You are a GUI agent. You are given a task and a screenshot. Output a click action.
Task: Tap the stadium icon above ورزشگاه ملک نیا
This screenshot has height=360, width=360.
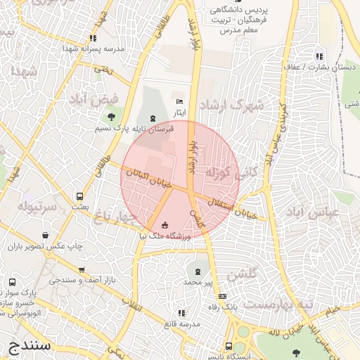[x=165, y=225]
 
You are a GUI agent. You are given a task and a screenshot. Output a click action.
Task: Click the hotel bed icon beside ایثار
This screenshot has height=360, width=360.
[x=179, y=102]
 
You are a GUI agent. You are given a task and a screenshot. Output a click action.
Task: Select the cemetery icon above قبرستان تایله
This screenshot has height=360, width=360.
[x=153, y=117]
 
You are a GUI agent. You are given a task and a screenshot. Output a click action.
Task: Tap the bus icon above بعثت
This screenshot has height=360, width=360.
[x=79, y=196]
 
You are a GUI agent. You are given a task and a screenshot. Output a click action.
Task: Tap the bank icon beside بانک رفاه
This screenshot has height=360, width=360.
[x=222, y=296]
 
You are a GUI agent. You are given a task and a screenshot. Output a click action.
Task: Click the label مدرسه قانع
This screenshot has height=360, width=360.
[x=181, y=323]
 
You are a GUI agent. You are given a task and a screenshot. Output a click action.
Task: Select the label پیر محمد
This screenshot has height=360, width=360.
[x=198, y=281]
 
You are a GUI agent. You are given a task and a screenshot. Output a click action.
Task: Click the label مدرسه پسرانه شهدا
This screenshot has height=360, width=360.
[x=94, y=49]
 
